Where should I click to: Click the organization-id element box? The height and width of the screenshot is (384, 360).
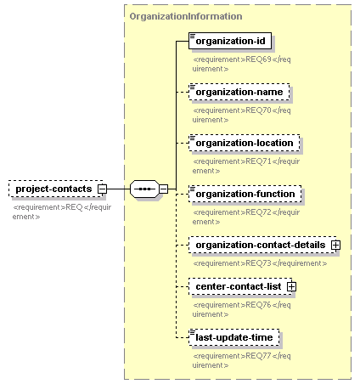[230, 41]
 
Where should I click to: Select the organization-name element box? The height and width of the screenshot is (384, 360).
[239, 92]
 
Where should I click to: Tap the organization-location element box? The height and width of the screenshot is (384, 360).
[245, 143]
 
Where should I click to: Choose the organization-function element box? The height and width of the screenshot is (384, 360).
[245, 194]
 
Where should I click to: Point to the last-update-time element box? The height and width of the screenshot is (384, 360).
[234, 337]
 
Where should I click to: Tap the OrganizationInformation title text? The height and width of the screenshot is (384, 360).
[186, 16]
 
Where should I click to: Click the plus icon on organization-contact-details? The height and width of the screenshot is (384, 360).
[336, 246]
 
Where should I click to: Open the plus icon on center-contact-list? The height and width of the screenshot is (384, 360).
[291, 287]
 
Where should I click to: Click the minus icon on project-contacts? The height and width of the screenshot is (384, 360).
[102, 189]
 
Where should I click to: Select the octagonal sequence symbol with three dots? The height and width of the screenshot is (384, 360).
[144, 189]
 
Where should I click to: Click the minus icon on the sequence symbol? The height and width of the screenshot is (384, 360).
[163, 189]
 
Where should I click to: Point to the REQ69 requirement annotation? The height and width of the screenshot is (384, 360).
[242, 64]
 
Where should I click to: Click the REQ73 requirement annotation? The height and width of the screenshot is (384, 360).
[260, 263]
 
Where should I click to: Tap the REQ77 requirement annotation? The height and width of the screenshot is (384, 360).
[242, 360]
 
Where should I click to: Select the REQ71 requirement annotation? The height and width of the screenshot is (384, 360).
[246, 166]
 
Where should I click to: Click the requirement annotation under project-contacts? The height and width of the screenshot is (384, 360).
[62, 212]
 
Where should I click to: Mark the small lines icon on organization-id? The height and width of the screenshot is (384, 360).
[193, 36]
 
